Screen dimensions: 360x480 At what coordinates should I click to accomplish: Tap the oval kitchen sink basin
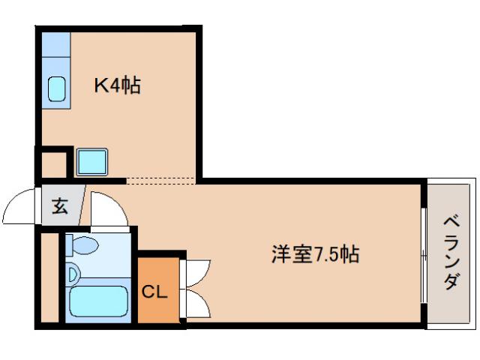tap(57, 90)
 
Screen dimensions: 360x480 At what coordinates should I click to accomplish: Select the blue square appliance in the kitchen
tap(91, 162)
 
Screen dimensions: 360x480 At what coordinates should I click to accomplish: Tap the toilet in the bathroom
tap(82, 245)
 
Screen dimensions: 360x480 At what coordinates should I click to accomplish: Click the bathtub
tap(98, 302)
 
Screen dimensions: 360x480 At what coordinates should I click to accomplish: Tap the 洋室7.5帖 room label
tap(315, 255)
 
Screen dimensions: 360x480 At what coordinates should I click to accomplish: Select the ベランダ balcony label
tap(451, 253)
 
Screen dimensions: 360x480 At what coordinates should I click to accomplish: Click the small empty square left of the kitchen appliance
tap(52, 162)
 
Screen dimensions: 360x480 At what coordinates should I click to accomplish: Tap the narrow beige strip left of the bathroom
tap(49, 277)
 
